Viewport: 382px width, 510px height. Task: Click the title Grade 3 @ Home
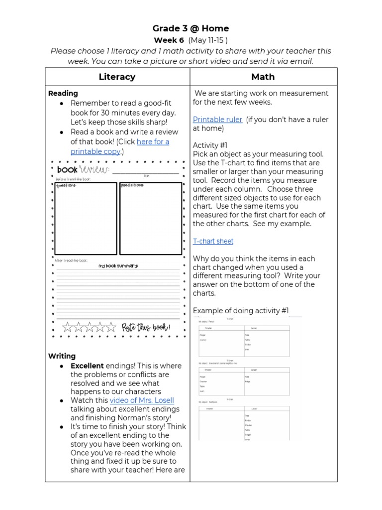(191, 28)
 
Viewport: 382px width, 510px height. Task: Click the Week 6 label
(169, 40)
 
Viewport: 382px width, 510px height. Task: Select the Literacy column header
(117, 77)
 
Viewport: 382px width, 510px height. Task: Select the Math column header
(263, 77)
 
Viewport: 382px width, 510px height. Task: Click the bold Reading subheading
(63, 93)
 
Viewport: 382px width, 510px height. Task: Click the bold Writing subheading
(62, 356)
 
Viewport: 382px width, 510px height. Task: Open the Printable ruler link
(217, 120)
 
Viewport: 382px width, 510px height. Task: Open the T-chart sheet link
(213, 241)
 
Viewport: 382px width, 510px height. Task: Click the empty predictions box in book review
(150, 219)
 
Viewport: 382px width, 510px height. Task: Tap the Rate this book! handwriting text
(146, 327)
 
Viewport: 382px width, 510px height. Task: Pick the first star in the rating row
(68, 327)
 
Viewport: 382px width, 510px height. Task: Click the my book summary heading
(118, 266)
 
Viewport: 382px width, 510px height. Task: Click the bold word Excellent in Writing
(87, 366)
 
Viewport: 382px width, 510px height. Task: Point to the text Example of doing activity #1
(241, 311)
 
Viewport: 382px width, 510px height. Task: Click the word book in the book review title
(68, 170)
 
